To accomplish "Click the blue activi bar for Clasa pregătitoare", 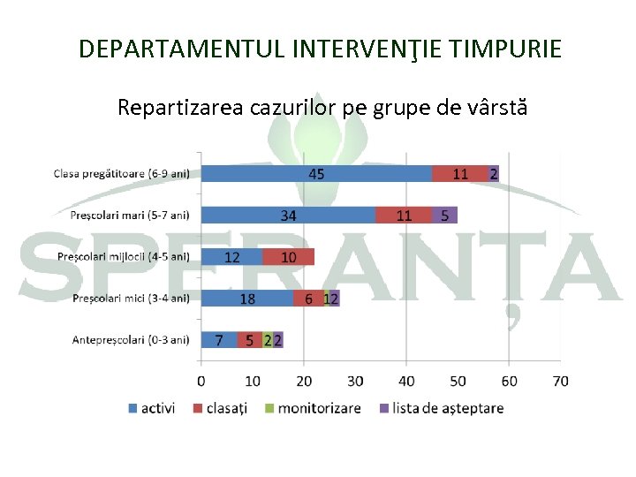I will click(x=316, y=174).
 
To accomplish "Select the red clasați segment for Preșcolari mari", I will click(x=404, y=216).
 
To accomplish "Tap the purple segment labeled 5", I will click(x=445, y=216).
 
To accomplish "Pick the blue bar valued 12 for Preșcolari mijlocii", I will click(x=231, y=257).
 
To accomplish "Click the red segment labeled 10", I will click(x=289, y=257).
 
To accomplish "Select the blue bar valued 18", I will click(x=247, y=299).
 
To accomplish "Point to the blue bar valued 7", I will click(x=219, y=340).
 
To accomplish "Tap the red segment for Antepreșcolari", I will click(x=250, y=340).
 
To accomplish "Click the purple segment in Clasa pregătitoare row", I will click(x=494, y=174).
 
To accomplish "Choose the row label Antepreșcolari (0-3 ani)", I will click(x=131, y=340).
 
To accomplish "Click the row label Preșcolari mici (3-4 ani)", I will click(x=131, y=299).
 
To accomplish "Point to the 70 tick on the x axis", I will click(x=560, y=381).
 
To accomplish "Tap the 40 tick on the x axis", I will click(x=406, y=381).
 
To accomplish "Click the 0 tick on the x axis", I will click(x=201, y=381).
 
